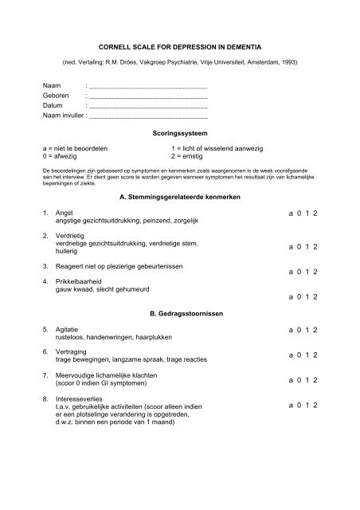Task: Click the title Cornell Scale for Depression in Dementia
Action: [x=179, y=48]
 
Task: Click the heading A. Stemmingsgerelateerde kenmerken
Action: [x=178, y=196]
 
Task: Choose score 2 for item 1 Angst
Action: [x=316, y=214]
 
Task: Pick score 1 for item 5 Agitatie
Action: [x=304, y=329]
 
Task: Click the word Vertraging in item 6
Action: [x=71, y=351]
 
